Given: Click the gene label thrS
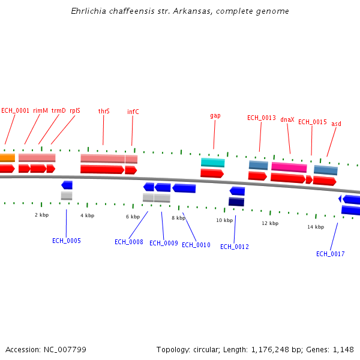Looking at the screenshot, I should click(x=104, y=111).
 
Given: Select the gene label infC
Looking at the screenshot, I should click(x=133, y=112).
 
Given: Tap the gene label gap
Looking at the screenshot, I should click(x=215, y=115).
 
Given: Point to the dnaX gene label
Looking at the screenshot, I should click(x=287, y=119).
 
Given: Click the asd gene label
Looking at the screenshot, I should click(x=336, y=124).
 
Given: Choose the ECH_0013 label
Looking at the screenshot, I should click(x=262, y=118).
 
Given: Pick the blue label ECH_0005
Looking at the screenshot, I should click(x=67, y=241).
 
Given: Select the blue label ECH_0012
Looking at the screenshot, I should click(x=235, y=247).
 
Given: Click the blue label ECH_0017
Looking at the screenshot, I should click(x=331, y=254).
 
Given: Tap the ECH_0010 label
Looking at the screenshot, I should click(x=196, y=245).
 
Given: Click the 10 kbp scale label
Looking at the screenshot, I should click(x=224, y=220).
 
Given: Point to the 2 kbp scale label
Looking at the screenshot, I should click(x=41, y=214).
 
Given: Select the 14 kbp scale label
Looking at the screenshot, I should click(x=316, y=227).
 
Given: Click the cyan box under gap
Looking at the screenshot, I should click(x=212, y=163).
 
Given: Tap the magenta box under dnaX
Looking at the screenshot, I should click(x=289, y=167).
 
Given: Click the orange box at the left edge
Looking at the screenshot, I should click(x=7, y=158).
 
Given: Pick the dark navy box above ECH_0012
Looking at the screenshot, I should click(x=236, y=202).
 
